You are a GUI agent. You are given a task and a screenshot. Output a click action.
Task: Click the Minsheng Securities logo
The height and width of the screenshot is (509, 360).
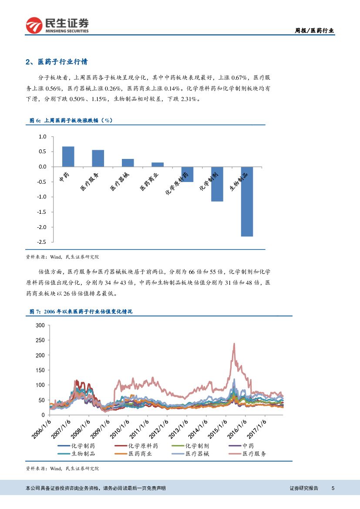(57, 25)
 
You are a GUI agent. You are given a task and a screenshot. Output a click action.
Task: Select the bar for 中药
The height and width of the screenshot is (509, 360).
(68, 157)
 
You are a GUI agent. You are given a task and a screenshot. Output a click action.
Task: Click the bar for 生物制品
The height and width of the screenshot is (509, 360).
(247, 202)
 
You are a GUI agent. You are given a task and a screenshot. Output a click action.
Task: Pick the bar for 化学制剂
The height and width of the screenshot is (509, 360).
(217, 184)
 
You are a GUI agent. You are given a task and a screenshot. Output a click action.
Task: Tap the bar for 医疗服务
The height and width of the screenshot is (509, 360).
(98, 158)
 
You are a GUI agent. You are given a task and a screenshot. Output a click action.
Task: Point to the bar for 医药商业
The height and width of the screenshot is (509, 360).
(158, 165)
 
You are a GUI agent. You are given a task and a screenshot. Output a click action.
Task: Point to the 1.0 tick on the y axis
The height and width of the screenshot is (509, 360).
(42, 137)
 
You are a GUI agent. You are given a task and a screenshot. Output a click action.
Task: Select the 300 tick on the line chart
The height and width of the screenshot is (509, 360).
(40, 325)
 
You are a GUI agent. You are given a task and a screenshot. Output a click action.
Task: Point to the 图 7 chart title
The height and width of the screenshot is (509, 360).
(81, 311)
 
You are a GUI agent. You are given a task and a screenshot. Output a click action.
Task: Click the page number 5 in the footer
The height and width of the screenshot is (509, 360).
(333, 488)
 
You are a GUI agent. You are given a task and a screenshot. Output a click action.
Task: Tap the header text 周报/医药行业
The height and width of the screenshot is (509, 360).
(314, 30)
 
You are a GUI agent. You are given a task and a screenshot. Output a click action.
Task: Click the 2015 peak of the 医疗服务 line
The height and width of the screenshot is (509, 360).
(234, 344)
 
